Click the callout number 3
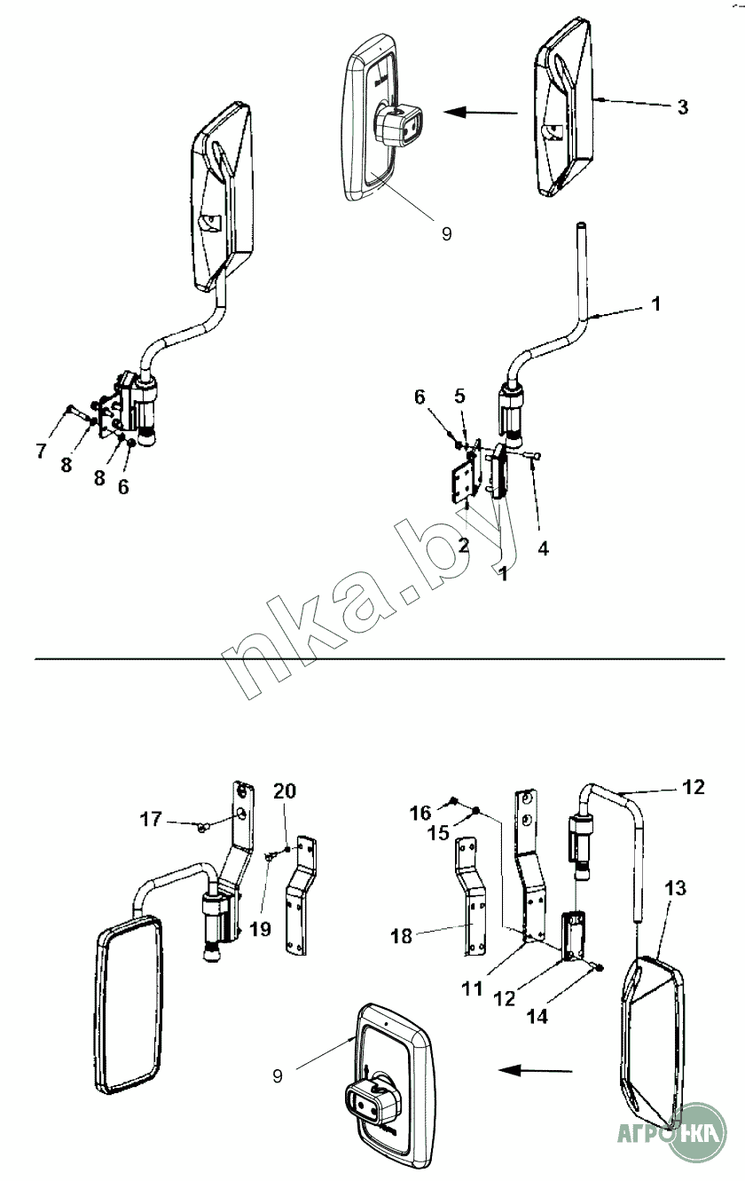(x=681, y=107)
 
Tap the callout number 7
(x=41, y=452)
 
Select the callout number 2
(x=463, y=545)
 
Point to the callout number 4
(x=543, y=548)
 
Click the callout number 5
(x=459, y=396)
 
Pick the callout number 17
(x=152, y=819)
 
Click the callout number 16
(x=420, y=813)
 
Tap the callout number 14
(x=537, y=1016)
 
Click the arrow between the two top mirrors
(x=480, y=113)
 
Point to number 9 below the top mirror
(x=445, y=233)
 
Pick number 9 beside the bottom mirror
(x=278, y=1076)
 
